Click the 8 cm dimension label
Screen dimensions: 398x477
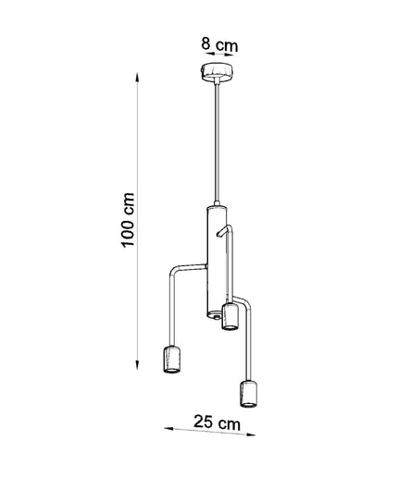(219, 44)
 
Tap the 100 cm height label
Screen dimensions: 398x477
(128, 220)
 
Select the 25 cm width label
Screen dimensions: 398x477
(217, 422)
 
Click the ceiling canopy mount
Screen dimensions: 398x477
(216, 71)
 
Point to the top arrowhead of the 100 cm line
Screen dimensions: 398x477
(137, 78)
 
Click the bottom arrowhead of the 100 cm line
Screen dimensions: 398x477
(137, 364)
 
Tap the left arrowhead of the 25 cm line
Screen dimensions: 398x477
(168, 429)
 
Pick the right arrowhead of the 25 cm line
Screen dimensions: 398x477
(251, 434)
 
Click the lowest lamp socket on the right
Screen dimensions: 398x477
(249, 395)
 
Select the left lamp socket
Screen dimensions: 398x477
(171, 360)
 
